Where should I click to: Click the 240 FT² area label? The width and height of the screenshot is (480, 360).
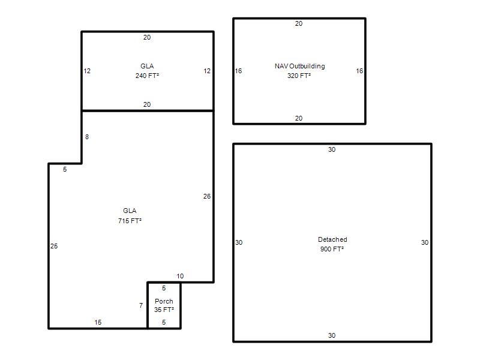[x=147, y=76]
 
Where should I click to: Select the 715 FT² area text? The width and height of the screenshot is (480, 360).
[x=130, y=221]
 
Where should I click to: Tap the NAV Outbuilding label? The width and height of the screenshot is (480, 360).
[x=299, y=66]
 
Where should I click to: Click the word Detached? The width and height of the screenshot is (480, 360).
[x=332, y=239]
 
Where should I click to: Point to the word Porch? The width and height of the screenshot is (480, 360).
[x=164, y=301]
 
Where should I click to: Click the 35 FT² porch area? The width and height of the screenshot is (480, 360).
[x=164, y=310]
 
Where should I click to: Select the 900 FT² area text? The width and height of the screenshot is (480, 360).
[x=332, y=249]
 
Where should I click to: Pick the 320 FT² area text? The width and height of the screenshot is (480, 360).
[x=299, y=76]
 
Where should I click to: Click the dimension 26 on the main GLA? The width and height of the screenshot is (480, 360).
[x=207, y=196]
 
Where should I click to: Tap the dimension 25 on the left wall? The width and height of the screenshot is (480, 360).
[x=54, y=246]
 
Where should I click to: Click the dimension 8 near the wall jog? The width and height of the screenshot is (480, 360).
[x=87, y=137]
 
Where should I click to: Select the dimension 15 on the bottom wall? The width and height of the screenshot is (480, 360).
[x=98, y=322]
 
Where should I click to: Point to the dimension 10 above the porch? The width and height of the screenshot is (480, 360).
[x=180, y=276]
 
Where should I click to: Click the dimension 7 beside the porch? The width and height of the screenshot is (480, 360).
[x=141, y=305]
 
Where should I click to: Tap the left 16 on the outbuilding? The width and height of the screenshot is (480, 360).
[x=238, y=71]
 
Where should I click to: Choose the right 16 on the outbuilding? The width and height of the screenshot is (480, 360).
[x=359, y=71]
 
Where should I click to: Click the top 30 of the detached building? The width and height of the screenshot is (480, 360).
[x=332, y=149]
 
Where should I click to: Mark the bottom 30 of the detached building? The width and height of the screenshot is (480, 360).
[x=332, y=335]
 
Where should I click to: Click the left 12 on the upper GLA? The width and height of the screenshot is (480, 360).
[x=87, y=71]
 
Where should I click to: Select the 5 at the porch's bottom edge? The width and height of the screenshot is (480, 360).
[x=164, y=322]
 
